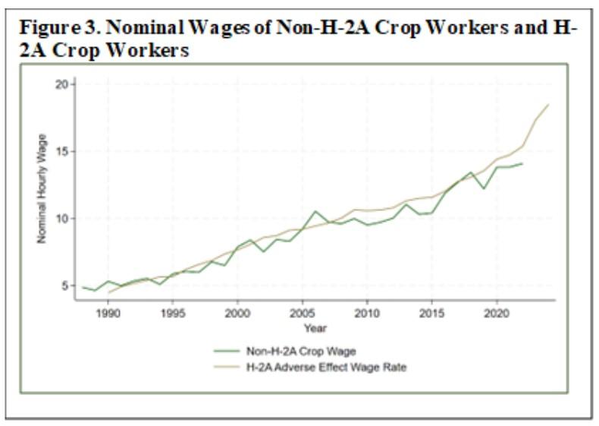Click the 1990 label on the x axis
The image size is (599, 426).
tap(108, 313)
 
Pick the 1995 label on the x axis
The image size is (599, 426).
tap(173, 313)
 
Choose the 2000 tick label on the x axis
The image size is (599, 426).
tap(237, 313)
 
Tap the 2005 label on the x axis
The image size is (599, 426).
tap(303, 313)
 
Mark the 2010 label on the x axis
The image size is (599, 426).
tap(367, 313)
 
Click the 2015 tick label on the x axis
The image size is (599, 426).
tap(431, 313)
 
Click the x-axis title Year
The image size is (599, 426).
tap(315, 328)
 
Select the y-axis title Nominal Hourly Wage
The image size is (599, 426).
tap(42, 188)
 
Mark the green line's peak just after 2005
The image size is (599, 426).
tap(315, 211)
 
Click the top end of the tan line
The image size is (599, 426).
tap(548, 105)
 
